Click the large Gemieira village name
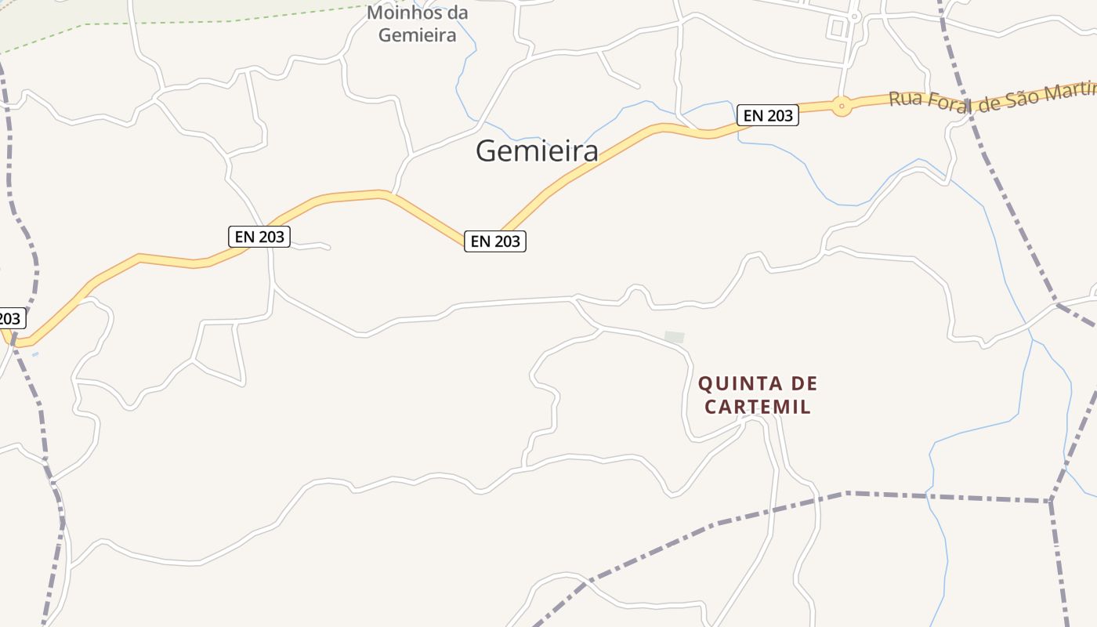[537, 150]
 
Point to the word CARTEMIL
[758, 408]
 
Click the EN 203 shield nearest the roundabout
[767, 115]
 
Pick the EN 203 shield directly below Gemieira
[494, 241]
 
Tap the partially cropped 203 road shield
[10, 318]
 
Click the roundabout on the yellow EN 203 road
[842, 105]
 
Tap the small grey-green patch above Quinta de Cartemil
[674, 337]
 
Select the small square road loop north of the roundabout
[837, 28]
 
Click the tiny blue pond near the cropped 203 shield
[34, 354]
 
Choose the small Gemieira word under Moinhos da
[417, 35]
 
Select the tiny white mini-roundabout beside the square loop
[855, 16]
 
